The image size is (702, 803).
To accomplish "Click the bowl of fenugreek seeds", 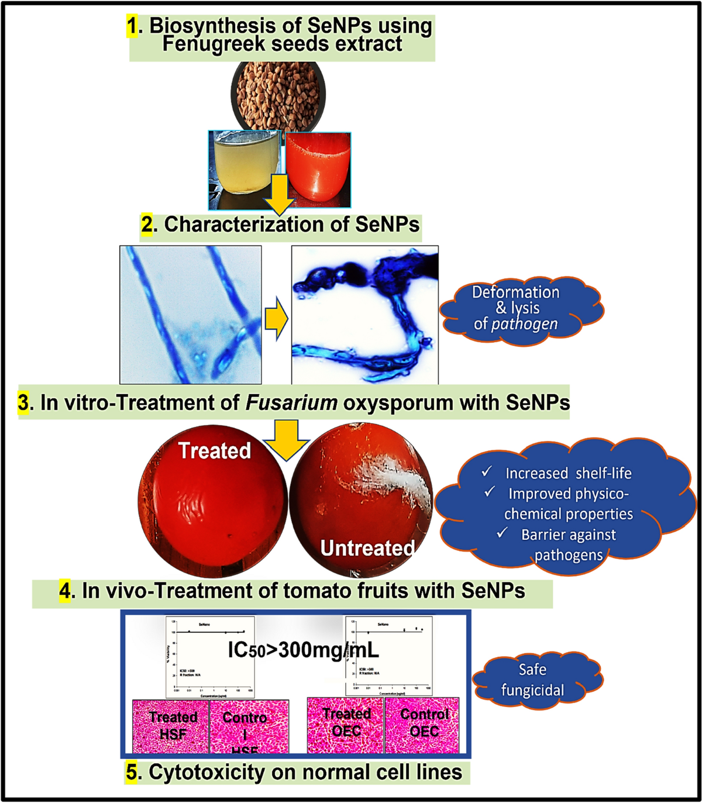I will click(x=278, y=94).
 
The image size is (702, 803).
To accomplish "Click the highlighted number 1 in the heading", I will click(x=133, y=26).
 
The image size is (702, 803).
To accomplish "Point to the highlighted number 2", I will click(x=147, y=225).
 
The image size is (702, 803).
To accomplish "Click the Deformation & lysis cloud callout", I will click(x=518, y=309).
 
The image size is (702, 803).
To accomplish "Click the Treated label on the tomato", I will click(x=215, y=451).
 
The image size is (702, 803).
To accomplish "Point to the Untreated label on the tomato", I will click(x=367, y=548).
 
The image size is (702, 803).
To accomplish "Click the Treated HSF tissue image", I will click(x=170, y=726).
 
